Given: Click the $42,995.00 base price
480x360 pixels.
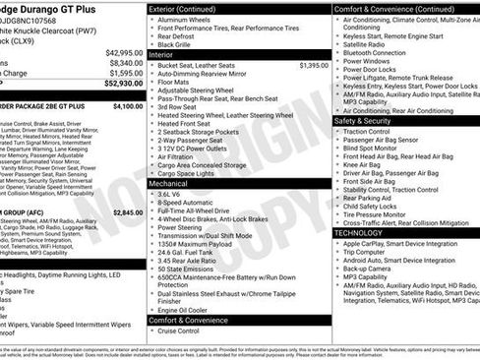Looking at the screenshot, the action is (125, 51).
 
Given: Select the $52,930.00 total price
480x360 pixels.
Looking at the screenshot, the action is (125, 84).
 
